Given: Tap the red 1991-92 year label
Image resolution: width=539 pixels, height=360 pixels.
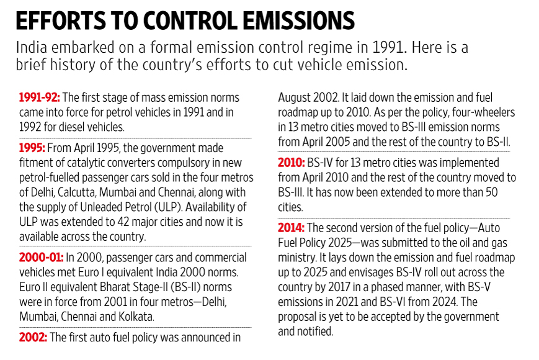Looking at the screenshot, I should [x=39, y=98].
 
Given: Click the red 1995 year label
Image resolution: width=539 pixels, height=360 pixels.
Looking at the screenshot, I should [x=32, y=149].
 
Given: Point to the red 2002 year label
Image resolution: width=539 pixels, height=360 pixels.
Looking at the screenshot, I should [x=32, y=338].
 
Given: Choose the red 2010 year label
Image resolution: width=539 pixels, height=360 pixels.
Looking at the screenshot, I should [x=292, y=163].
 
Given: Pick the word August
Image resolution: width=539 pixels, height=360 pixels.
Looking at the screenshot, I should [x=295, y=98].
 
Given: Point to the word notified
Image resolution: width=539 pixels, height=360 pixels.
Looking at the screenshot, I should [x=316, y=331].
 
